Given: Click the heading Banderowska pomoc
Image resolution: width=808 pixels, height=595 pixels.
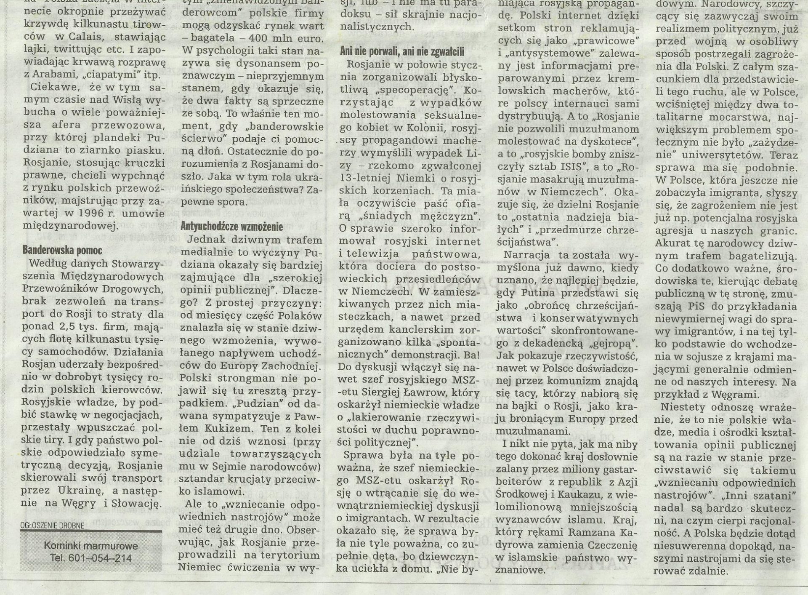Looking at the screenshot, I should tap(63, 250).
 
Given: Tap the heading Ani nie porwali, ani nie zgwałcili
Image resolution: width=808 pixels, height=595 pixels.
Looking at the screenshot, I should tap(402, 51).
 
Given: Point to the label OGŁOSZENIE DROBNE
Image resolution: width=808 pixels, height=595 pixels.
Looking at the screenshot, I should tap(52, 525).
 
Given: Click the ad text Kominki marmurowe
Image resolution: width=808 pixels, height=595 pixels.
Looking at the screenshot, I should tap(91, 547).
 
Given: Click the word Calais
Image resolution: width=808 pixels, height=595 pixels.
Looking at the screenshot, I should tap(84, 37).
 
